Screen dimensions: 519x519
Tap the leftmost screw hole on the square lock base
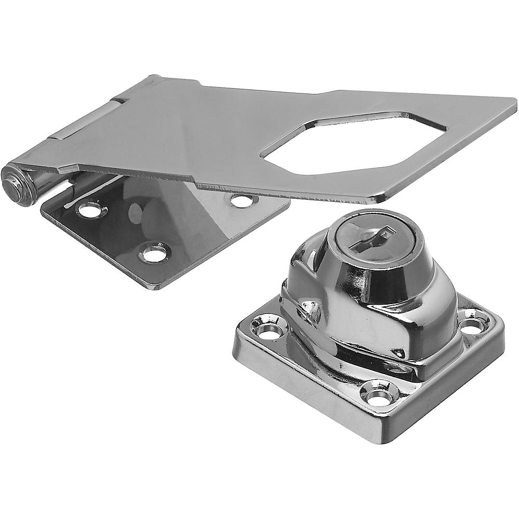coord(269,329)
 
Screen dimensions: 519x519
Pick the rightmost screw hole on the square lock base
coord(473,323)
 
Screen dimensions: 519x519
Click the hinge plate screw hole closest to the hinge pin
coord(91,210)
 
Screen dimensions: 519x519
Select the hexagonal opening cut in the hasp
coord(353,143)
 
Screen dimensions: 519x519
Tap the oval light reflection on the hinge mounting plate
coord(136,213)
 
